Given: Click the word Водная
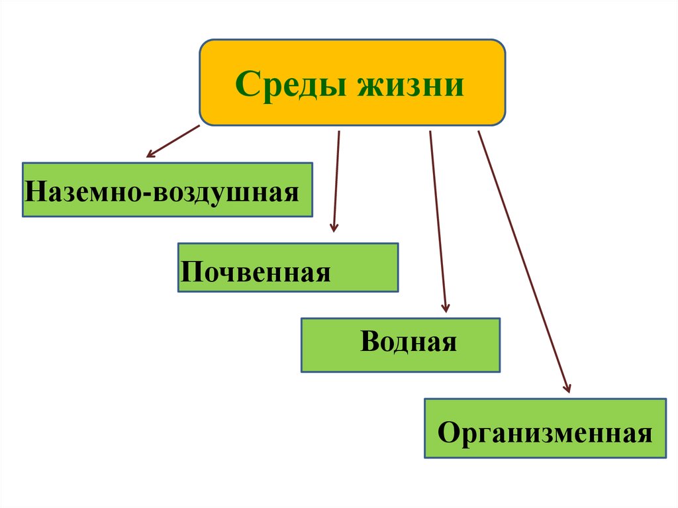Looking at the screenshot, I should point(409,343).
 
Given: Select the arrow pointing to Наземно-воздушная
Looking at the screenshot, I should point(173,140).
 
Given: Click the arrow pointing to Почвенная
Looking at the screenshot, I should point(336,179).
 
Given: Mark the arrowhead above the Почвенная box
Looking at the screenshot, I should point(334,227).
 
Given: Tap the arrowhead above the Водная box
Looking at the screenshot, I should point(446,307).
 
